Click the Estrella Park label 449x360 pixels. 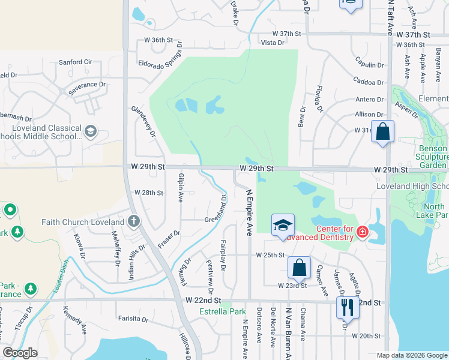(223, 311)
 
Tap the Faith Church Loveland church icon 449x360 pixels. (134, 221)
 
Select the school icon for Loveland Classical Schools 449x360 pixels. (90, 131)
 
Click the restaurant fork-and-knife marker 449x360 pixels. (347, 307)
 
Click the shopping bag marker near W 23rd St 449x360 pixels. (299, 267)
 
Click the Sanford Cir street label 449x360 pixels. (75, 62)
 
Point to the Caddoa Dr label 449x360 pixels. (368, 82)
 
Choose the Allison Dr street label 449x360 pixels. (369, 114)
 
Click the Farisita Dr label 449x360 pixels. (133, 319)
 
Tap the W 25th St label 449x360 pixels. (270, 255)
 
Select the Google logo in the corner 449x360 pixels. (20, 353)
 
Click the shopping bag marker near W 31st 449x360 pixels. (382, 131)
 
